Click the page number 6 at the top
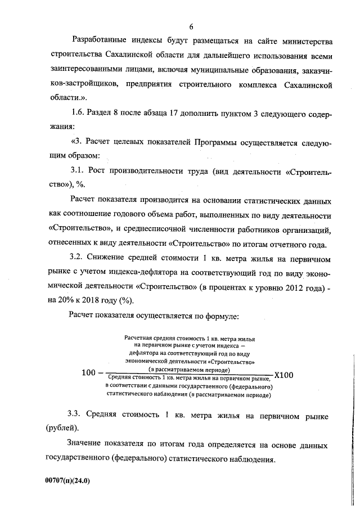coord(191,26)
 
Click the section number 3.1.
coord(78,173)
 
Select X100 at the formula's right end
coord(283,375)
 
